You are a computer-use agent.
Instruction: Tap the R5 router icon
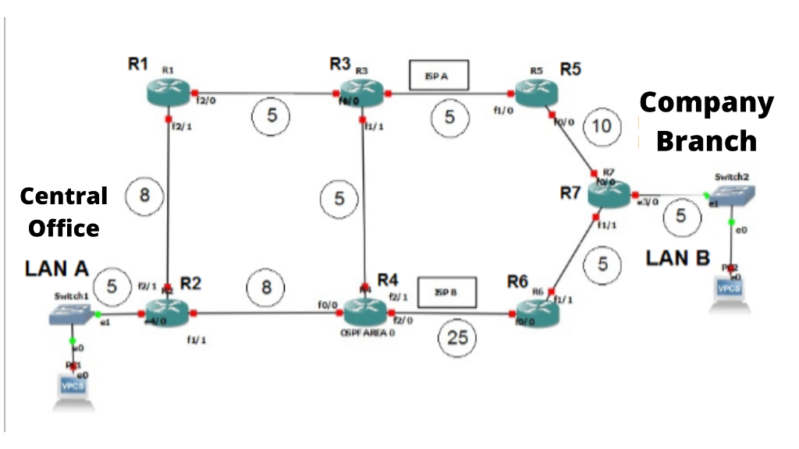537,92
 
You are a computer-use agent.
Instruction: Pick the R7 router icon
609,193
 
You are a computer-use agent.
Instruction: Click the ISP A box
439,76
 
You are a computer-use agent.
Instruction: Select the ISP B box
447,292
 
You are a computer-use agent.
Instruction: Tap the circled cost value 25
456,338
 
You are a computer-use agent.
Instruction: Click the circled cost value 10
602,126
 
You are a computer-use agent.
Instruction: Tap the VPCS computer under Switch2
731,285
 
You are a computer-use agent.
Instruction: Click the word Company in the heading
706,102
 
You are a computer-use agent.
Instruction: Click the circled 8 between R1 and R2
144,196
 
